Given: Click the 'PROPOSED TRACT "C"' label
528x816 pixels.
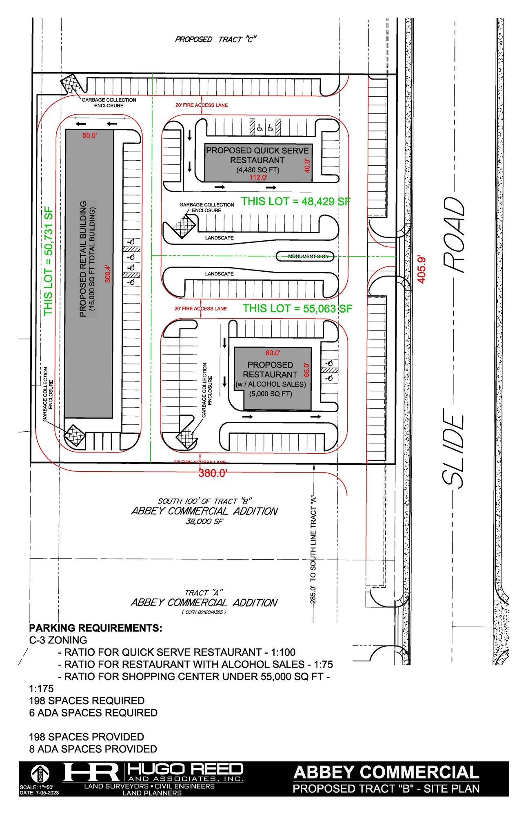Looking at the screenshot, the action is pyautogui.click(x=215, y=39).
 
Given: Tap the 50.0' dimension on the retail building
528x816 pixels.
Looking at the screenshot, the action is pyautogui.click(x=89, y=135).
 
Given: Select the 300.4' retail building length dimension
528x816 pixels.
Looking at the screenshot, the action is pyautogui.click(x=108, y=273).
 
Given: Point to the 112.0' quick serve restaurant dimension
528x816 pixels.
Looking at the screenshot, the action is pyautogui.click(x=258, y=177).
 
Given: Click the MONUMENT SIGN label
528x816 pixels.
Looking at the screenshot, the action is pyautogui.click(x=308, y=256).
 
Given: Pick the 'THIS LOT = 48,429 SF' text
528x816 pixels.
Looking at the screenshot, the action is pyautogui.click(x=296, y=201).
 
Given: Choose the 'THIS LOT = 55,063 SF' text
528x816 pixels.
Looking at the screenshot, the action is pyautogui.click(x=297, y=308).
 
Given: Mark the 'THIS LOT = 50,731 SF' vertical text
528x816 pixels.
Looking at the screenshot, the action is pyautogui.click(x=49, y=261).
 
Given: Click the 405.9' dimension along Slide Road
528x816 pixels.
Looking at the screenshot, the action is pyautogui.click(x=422, y=269).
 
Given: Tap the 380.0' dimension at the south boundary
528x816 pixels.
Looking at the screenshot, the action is pyautogui.click(x=212, y=473).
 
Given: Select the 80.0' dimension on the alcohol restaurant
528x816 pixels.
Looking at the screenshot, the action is pyautogui.click(x=273, y=353).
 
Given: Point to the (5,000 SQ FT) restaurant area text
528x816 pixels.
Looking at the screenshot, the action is pyautogui.click(x=271, y=394).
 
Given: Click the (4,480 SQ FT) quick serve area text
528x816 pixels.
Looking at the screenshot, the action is pyautogui.click(x=258, y=170).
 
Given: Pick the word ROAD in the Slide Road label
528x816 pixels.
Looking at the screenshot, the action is pyautogui.click(x=454, y=235).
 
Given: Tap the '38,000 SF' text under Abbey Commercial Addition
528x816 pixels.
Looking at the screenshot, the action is pyautogui.click(x=204, y=521).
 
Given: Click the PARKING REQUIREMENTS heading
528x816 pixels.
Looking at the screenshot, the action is pyautogui.click(x=95, y=628).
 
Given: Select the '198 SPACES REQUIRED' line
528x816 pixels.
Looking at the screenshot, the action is pyautogui.click(x=87, y=701).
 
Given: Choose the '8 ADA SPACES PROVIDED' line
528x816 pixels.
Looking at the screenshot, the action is pyautogui.click(x=93, y=749).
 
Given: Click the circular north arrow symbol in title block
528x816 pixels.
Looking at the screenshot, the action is pyautogui.click(x=40, y=774).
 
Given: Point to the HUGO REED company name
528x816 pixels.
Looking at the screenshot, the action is pyautogui.click(x=186, y=769).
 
